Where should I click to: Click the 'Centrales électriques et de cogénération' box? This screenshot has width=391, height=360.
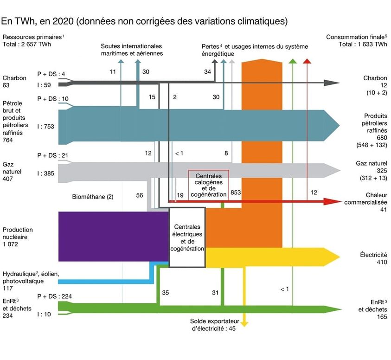(187, 238)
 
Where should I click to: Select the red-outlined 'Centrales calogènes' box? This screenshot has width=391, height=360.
(208, 185)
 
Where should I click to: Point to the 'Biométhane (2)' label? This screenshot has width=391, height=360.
(93, 196)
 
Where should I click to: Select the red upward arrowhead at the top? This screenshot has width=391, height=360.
(307, 61)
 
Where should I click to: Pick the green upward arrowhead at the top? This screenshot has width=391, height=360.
(293, 61)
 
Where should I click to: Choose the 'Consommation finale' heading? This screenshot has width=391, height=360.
(357, 37)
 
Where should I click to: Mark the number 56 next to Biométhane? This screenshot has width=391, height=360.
(140, 195)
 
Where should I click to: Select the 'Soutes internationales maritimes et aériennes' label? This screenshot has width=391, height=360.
(132, 50)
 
